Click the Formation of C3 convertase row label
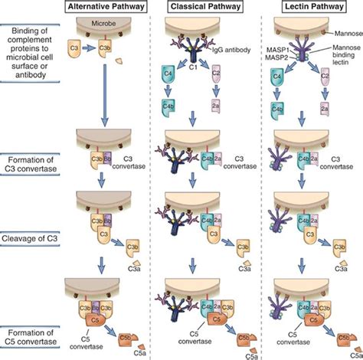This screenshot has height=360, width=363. coord(29,164)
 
